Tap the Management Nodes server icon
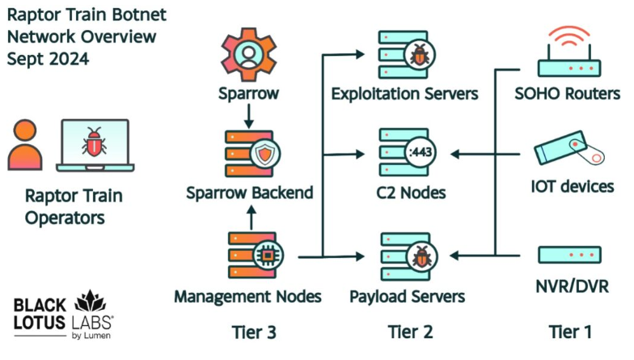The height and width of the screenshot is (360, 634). point(249,254)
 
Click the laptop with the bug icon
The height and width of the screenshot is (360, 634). point(95,146)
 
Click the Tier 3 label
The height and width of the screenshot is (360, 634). point(249,332)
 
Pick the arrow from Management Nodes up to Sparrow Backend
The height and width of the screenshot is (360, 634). point(249,216)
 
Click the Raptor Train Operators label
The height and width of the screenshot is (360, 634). point(64,206)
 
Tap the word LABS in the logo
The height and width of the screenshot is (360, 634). point(93,321)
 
